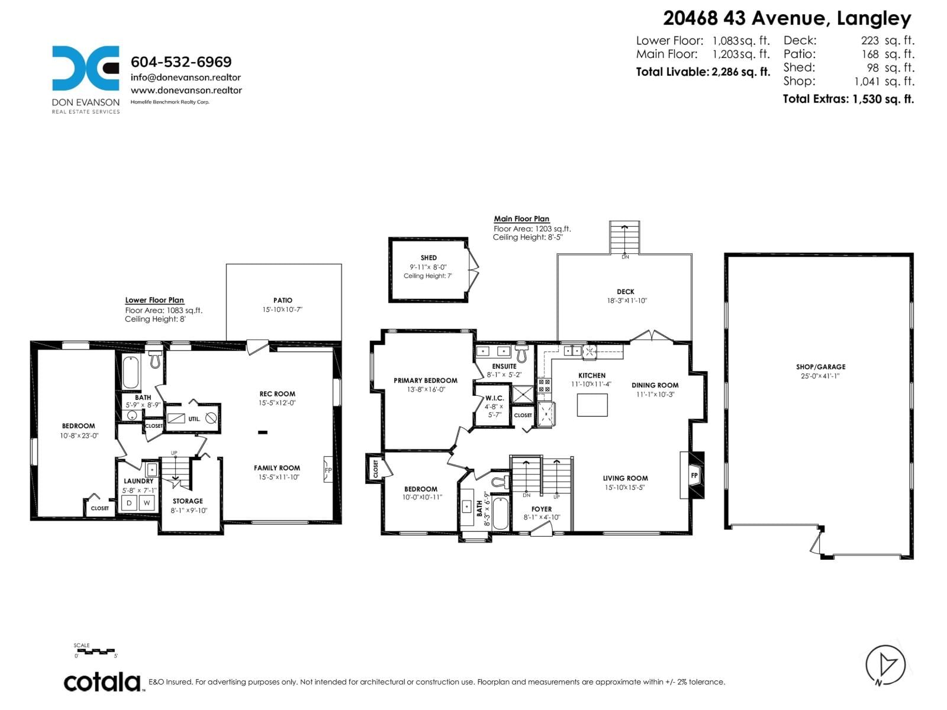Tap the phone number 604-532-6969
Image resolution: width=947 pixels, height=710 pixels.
(x=181, y=62)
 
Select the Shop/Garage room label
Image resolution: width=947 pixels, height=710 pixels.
(x=820, y=367)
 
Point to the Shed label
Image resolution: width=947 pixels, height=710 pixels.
(x=429, y=258)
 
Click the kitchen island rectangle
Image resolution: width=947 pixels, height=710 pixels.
(x=592, y=405)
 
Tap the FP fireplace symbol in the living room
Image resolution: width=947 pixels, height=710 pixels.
(x=694, y=475)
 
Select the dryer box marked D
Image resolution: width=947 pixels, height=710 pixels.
(x=130, y=503)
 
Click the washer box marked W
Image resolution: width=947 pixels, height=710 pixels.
(x=147, y=503)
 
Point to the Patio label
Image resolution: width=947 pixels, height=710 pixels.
(x=283, y=301)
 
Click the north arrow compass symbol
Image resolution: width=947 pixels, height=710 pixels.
(x=885, y=664)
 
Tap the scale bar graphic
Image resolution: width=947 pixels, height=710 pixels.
(x=95, y=651)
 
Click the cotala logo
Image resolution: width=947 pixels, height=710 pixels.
(x=102, y=682)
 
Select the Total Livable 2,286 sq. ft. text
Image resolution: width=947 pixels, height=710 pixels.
(x=703, y=72)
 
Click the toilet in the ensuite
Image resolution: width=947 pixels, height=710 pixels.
(x=521, y=353)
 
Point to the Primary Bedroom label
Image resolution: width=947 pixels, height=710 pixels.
(x=425, y=380)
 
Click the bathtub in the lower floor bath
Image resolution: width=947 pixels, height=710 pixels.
(x=131, y=371)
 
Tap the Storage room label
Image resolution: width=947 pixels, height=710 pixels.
(x=188, y=501)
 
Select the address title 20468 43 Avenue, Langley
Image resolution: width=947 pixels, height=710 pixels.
(x=787, y=18)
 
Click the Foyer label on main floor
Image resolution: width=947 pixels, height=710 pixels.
(x=541, y=509)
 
